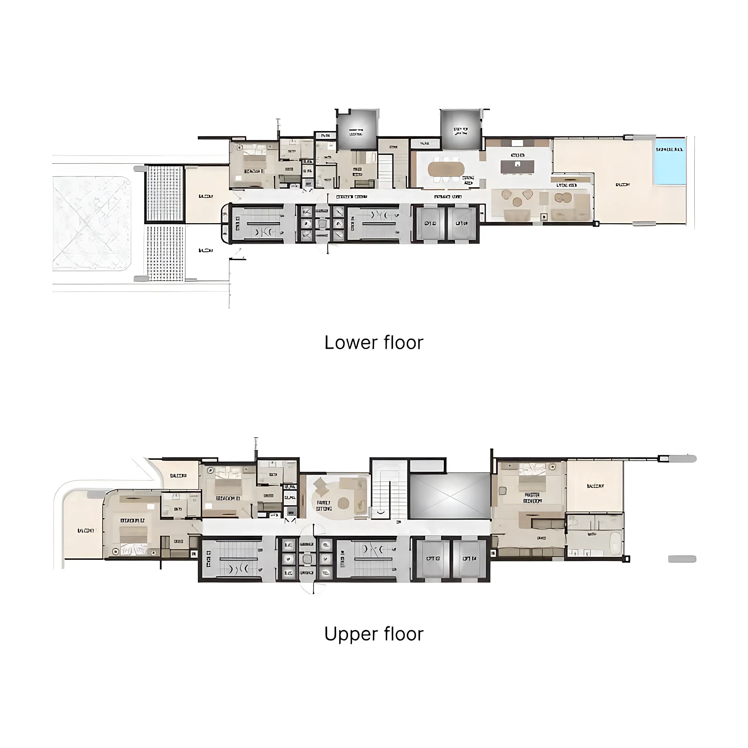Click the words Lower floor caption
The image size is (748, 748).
[x=374, y=343]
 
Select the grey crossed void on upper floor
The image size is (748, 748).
[x=450, y=496]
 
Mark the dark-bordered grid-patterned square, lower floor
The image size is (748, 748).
[x=165, y=193]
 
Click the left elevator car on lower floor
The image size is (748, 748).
[x=430, y=223]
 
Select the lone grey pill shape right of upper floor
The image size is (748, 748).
[x=682, y=559]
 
